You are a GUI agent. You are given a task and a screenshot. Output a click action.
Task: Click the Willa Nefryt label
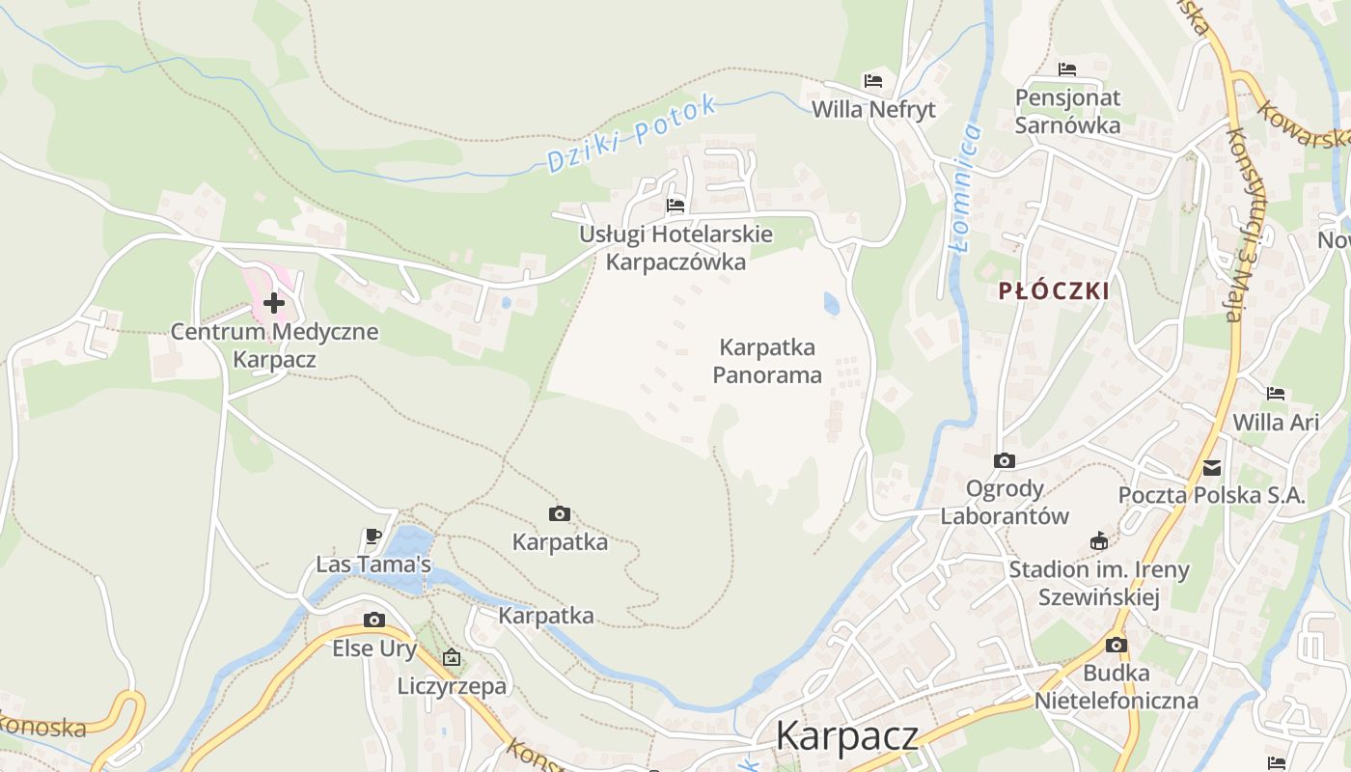873,109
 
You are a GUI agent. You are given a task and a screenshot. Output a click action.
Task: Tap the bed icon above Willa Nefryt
873,81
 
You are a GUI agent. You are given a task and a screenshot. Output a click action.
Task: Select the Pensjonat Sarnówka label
1067,111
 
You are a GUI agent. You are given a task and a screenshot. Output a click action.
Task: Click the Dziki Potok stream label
632,134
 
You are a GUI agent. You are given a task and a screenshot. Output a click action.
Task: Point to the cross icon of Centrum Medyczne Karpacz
274,303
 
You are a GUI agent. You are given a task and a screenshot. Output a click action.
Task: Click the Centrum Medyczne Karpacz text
274,345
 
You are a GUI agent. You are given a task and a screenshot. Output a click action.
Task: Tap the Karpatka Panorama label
767,361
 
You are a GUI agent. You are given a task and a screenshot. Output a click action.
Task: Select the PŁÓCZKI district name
1054,290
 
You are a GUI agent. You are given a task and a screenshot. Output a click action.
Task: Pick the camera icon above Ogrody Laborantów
1005,461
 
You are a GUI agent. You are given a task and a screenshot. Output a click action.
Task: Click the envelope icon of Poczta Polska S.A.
1212,469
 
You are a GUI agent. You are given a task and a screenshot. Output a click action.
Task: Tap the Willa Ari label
1276,422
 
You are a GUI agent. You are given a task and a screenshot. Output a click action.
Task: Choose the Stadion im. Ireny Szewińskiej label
1098,583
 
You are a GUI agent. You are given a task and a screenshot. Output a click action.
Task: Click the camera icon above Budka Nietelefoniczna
1117,645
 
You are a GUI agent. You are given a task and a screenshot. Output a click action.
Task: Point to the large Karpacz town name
846,735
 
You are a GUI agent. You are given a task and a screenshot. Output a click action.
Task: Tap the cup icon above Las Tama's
373,536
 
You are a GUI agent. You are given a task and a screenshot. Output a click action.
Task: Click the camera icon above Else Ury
374,620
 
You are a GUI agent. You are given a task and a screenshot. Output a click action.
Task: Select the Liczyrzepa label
452,686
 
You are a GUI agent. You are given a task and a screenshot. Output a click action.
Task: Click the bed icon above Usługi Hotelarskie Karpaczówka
675,205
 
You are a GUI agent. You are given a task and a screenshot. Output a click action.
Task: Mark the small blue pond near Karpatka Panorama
831,304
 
